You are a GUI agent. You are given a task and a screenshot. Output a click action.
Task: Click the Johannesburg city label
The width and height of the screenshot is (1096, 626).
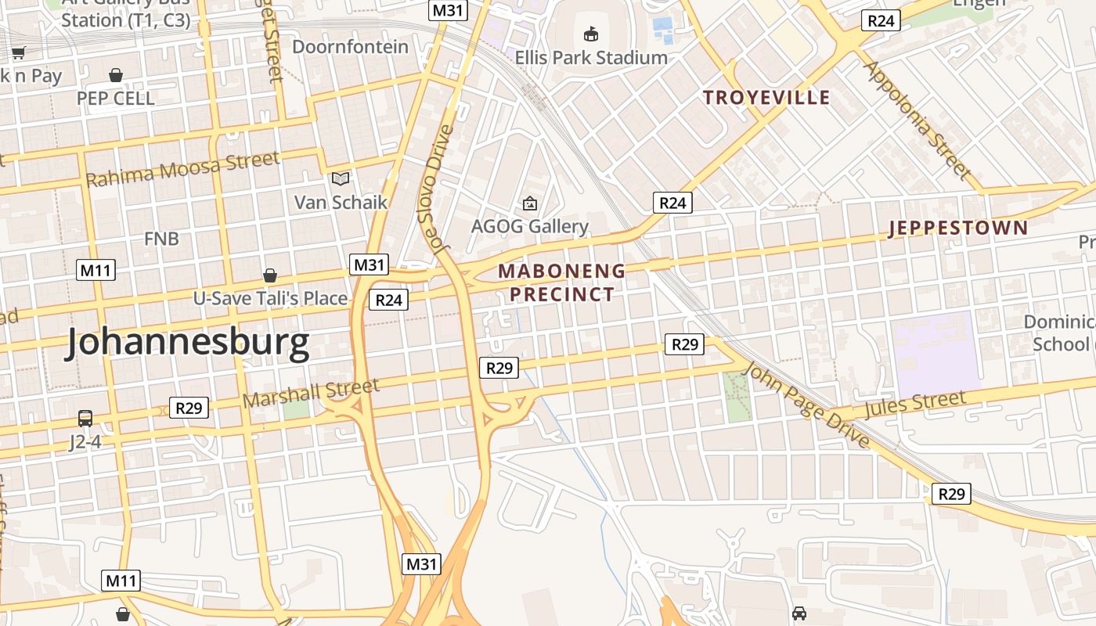click(x=188, y=344)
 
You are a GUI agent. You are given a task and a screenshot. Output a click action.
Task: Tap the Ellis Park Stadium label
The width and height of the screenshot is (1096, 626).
click(x=591, y=58)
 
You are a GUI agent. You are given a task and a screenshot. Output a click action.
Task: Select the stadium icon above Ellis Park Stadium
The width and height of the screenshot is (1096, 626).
click(x=591, y=34)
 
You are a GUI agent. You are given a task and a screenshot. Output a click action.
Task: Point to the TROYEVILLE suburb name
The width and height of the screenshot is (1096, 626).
click(x=766, y=98)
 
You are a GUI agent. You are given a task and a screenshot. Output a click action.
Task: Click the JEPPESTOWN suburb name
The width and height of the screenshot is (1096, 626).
click(x=958, y=228)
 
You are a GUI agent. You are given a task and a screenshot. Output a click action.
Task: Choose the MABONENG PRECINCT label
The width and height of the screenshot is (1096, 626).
click(x=562, y=282)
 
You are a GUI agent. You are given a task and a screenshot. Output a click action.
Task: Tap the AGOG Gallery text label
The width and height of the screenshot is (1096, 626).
click(x=530, y=227)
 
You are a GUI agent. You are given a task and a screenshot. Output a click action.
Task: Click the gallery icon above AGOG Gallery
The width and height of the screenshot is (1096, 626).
click(x=530, y=204)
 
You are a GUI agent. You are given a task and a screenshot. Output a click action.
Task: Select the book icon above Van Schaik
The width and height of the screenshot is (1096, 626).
click(x=340, y=179)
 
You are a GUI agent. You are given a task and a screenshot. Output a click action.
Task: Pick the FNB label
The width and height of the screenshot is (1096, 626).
click(x=161, y=239)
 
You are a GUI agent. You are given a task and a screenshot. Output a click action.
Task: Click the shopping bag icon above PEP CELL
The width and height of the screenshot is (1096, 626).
click(x=116, y=75)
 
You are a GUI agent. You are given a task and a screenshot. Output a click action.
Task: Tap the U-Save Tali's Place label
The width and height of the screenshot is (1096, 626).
click(x=271, y=298)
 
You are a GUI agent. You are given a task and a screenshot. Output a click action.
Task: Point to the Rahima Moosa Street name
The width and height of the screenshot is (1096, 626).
click(x=182, y=169)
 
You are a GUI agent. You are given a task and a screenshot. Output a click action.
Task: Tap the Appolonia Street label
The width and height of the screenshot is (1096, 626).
click(x=917, y=120)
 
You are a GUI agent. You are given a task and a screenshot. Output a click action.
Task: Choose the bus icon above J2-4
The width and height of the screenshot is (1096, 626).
click(x=85, y=419)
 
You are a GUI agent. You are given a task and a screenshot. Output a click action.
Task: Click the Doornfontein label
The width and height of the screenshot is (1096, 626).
click(x=351, y=47)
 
